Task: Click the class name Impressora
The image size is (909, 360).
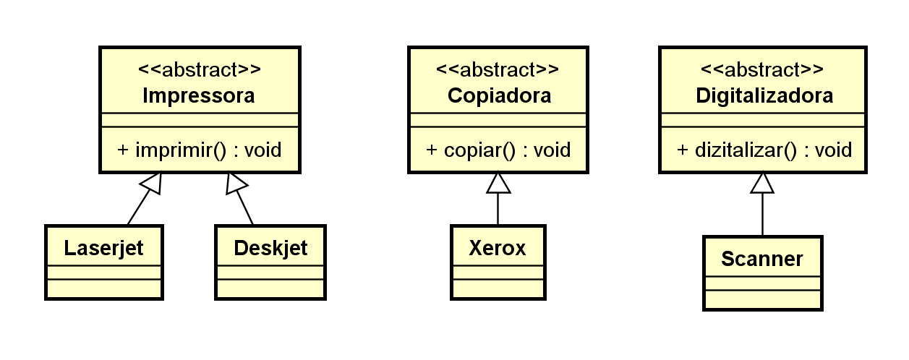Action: tap(199, 96)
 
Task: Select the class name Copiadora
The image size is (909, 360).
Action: tap(499, 96)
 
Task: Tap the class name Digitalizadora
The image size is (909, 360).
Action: tap(764, 96)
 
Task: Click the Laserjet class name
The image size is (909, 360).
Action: tap(104, 248)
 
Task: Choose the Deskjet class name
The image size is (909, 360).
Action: tap(270, 248)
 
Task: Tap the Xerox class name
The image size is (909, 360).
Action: tap(498, 248)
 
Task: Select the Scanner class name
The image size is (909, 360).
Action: tap(762, 259)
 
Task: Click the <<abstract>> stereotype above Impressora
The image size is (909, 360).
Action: tap(200, 70)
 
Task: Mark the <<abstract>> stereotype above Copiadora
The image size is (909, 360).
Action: tap(498, 70)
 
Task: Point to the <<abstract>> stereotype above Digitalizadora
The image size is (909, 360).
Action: tap(762, 70)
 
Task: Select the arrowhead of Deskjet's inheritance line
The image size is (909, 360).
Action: tap(234, 184)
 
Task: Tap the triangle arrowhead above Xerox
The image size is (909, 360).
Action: tap(498, 184)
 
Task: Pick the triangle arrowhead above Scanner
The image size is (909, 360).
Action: tap(762, 184)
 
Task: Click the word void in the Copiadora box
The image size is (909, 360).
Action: tap(552, 150)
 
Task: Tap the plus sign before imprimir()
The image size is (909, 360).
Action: tap(123, 150)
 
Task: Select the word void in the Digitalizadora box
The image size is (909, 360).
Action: tap(834, 150)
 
